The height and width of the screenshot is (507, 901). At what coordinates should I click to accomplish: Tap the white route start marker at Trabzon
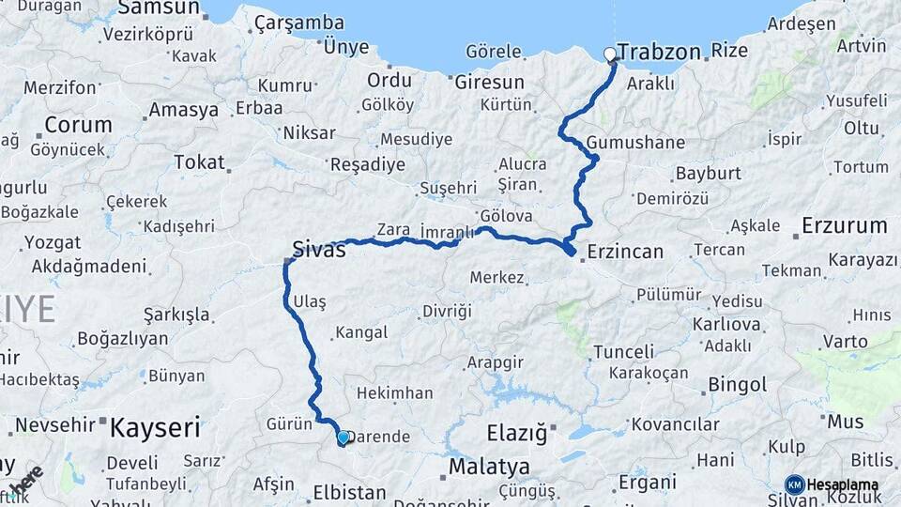click(x=611, y=54)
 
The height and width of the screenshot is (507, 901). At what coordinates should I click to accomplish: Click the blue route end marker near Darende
click(x=344, y=438)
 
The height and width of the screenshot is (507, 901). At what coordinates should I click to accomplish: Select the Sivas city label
click(x=319, y=250)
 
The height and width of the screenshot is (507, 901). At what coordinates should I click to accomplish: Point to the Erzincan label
click(x=625, y=252)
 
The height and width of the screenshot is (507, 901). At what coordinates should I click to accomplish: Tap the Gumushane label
click(x=635, y=143)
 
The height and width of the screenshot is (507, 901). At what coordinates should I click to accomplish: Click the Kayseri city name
click(x=155, y=429)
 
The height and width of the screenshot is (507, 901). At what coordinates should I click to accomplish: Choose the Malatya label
click(x=489, y=467)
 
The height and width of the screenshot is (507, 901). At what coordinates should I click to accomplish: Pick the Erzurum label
click(x=844, y=225)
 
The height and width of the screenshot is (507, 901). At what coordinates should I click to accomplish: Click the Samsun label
click(x=159, y=8)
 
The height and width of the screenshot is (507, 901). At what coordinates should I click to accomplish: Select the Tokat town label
click(x=199, y=162)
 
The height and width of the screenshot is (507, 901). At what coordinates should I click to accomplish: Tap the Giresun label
click(x=489, y=82)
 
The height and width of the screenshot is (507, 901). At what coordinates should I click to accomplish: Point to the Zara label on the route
click(x=393, y=229)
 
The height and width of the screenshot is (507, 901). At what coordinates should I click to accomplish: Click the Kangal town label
click(x=361, y=332)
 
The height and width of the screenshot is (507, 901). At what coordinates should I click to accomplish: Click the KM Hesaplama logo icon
click(x=795, y=484)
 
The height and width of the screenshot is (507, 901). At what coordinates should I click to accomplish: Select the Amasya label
click(x=184, y=110)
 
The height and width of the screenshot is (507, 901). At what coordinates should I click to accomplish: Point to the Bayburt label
click(x=709, y=174)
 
